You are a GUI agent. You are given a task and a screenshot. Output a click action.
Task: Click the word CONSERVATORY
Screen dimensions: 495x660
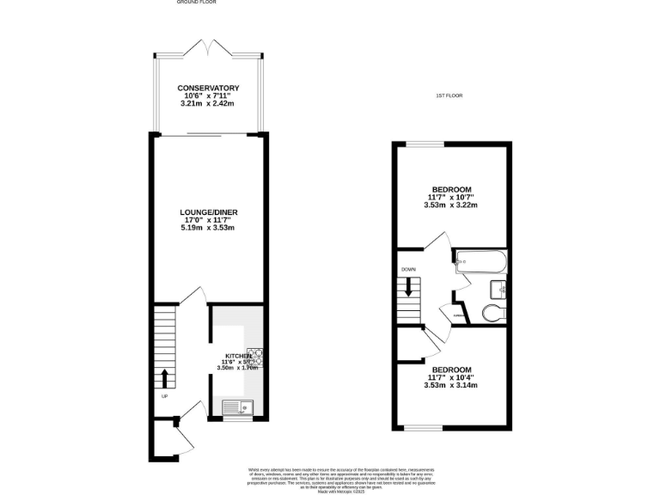(x=208, y=89)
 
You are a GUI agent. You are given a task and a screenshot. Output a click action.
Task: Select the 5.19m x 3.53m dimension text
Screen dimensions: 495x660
(x=207, y=228)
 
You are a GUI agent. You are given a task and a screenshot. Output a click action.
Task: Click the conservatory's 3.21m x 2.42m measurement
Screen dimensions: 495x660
(x=208, y=104)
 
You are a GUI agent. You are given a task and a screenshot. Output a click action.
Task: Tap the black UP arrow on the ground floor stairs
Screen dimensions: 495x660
(x=164, y=378)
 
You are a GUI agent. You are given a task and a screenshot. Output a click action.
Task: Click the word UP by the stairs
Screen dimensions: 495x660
(x=163, y=396)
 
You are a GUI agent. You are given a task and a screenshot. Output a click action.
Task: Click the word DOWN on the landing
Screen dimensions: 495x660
(x=409, y=269)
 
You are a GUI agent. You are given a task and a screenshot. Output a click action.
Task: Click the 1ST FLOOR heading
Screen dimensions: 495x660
(x=449, y=95)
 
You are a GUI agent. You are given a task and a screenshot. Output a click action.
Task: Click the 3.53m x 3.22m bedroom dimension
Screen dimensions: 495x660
(x=450, y=205)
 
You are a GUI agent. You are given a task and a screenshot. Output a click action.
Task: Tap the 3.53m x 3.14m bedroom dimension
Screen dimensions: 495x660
(x=450, y=385)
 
